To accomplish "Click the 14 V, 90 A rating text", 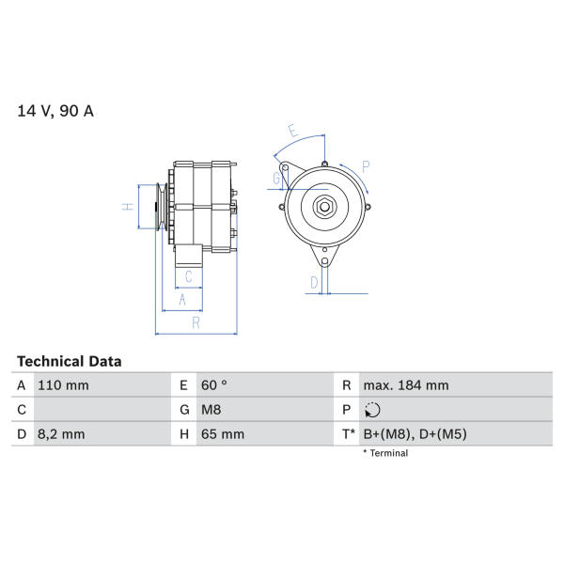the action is [x=55, y=111].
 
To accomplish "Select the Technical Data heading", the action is [x=69, y=362].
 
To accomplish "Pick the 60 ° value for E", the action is [x=214, y=385].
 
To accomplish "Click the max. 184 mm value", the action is [x=406, y=385].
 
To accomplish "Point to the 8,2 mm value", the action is [x=61, y=434].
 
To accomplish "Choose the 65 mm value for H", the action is [x=222, y=434].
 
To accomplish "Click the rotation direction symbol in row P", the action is [x=372, y=410].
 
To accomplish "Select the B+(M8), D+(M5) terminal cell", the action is [x=415, y=434].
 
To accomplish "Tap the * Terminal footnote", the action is [x=385, y=453].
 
